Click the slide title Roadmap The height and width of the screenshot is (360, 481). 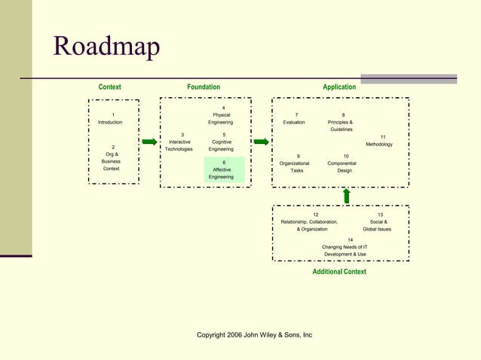(x=106, y=47)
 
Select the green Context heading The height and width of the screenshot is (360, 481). (x=109, y=87)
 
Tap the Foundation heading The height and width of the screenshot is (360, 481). (x=204, y=87)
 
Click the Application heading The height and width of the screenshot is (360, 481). (x=339, y=87)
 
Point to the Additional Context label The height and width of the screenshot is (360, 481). (x=339, y=272)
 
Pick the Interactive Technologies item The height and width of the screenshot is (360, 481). (x=179, y=142)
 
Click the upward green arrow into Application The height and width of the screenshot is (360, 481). (x=346, y=196)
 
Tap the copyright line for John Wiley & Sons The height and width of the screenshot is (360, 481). (x=254, y=335)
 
